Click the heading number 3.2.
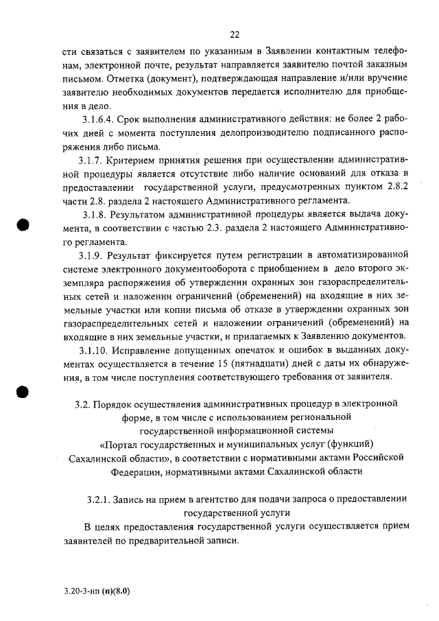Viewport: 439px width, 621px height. tap(83, 403)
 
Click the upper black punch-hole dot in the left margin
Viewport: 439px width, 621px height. tap(24, 225)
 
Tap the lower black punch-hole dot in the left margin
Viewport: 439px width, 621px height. tap(24, 390)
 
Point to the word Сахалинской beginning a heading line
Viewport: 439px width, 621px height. tap(102, 457)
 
